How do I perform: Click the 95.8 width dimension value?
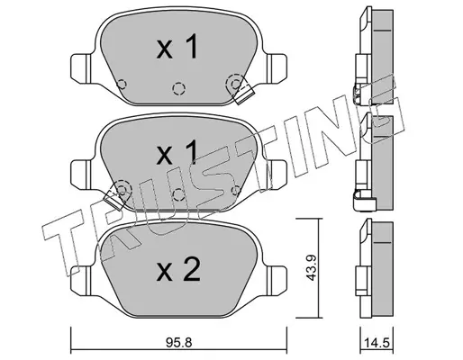click(x=178, y=343)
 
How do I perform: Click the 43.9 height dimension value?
click(x=311, y=267)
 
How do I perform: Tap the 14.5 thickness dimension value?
click(x=377, y=343)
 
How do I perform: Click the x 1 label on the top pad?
click(x=177, y=47)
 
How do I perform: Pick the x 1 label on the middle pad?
click(x=177, y=152)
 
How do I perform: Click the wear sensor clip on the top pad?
click(x=243, y=94)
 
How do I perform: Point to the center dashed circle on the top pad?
click(x=178, y=88)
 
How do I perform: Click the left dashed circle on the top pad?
click(x=122, y=85)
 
